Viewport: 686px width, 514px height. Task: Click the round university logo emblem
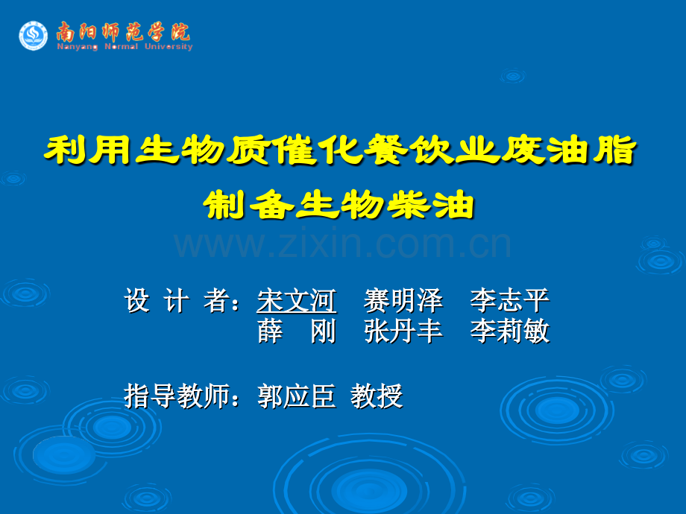tap(34, 36)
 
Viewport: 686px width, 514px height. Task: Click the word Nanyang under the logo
tap(77, 47)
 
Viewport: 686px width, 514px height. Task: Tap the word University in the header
tap(169, 47)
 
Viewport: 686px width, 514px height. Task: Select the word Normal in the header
tap(121, 46)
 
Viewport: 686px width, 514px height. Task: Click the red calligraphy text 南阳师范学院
tap(123, 32)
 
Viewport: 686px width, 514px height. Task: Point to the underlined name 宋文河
tap(297, 301)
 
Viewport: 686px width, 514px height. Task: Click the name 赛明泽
tap(403, 301)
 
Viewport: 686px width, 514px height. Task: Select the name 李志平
tap(510, 301)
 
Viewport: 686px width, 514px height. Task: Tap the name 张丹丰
tap(403, 331)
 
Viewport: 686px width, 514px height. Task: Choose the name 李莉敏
tap(510, 331)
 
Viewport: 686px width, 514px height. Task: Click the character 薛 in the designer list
tap(270, 331)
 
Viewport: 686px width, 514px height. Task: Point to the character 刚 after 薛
tap(324, 331)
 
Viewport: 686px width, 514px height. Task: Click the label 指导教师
tap(177, 396)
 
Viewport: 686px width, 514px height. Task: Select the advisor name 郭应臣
tap(297, 396)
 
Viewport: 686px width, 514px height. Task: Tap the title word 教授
tap(377, 396)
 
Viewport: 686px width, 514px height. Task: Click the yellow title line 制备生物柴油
tap(339, 205)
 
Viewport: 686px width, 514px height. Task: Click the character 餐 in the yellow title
tap(387, 150)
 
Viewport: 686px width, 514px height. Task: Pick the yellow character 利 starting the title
tap(66, 150)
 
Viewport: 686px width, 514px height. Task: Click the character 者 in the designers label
tap(216, 301)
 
